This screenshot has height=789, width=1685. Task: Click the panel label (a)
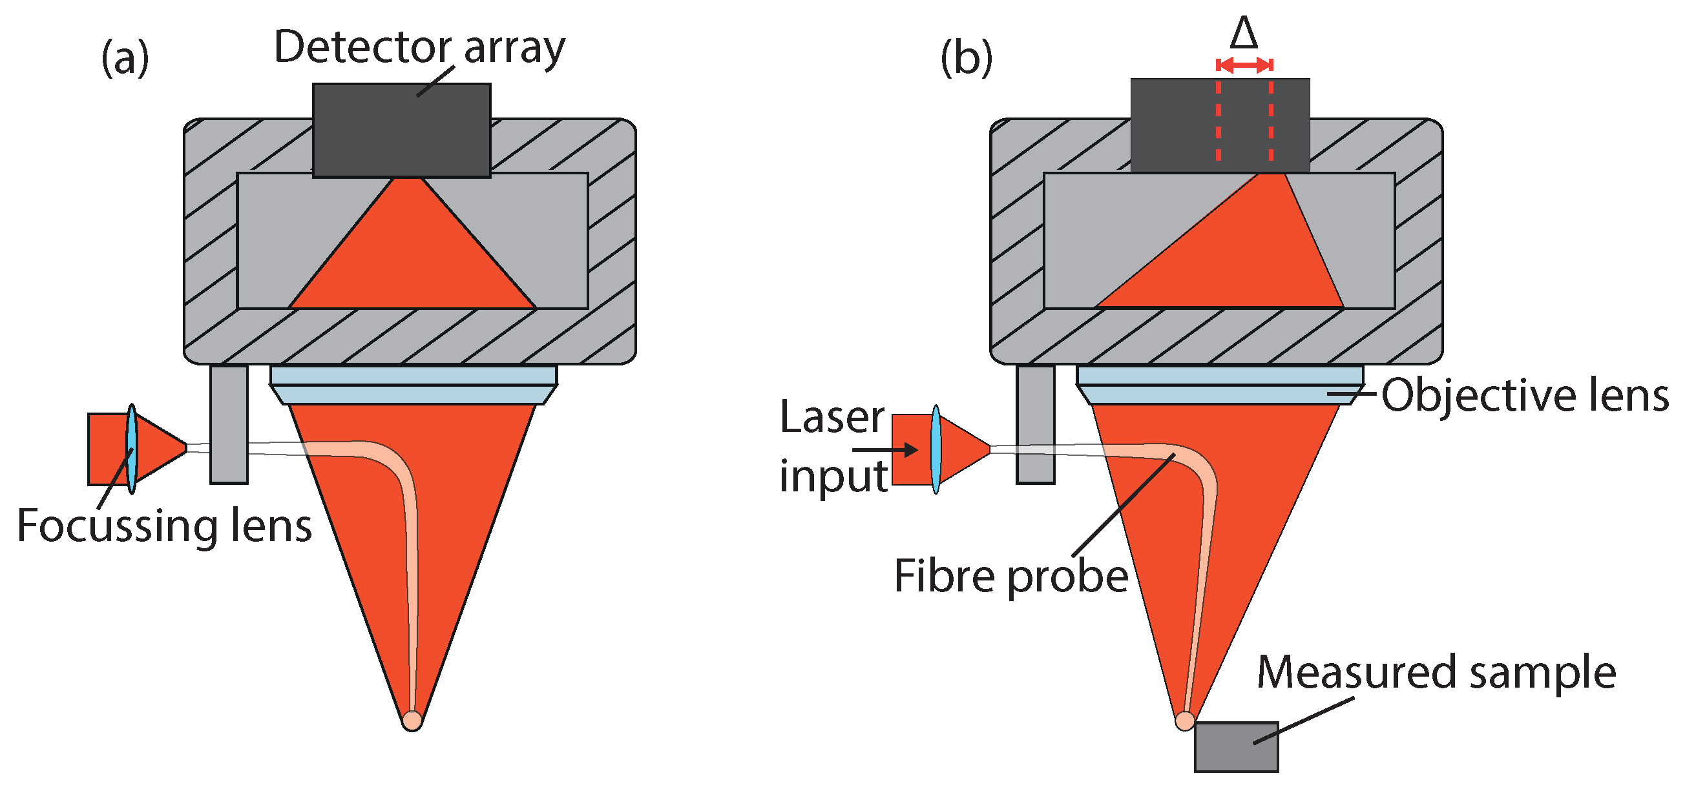click(125, 58)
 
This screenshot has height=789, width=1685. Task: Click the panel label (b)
click(966, 58)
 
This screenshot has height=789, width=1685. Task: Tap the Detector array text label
click(419, 48)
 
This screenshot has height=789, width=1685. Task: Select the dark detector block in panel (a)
click(401, 130)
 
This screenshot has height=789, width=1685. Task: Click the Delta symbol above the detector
click(1244, 34)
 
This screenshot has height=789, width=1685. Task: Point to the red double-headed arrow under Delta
click(1244, 65)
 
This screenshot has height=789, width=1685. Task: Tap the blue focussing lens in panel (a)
click(131, 449)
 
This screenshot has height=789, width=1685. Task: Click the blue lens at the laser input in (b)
click(936, 449)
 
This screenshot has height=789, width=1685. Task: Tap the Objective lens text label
click(1524, 396)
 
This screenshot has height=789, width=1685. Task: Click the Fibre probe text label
click(1010, 577)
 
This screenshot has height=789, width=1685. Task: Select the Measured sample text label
click(1436, 673)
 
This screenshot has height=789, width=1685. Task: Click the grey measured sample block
click(1235, 746)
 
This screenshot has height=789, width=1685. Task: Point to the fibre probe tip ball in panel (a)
click(412, 720)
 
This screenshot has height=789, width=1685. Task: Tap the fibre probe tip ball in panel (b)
click(1184, 721)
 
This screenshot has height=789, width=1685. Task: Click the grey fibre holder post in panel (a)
click(228, 425)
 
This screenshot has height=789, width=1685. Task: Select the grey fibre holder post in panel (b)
click(1035, 425)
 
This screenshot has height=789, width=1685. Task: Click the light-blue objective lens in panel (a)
click(413, 384)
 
